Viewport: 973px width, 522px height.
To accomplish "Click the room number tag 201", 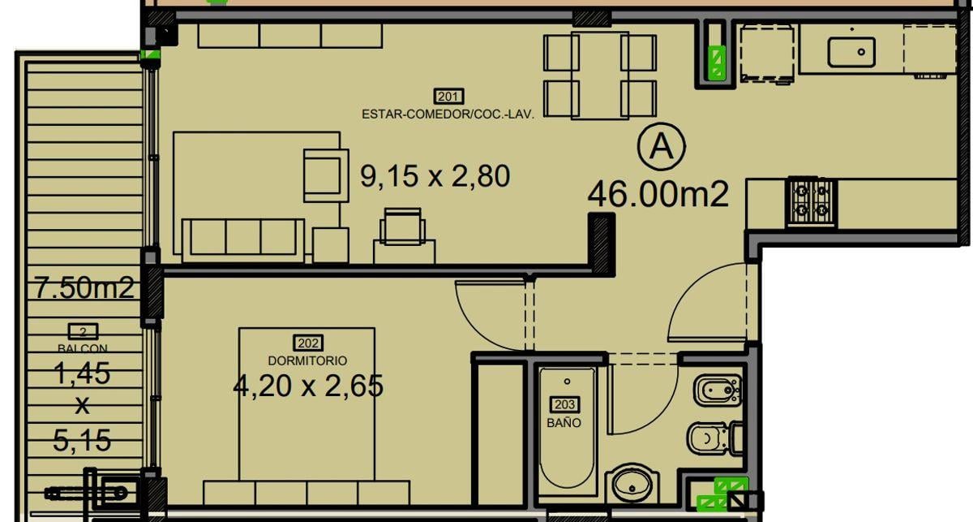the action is coord(448,96).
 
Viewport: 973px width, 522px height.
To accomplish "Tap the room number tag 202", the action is coord(308,343).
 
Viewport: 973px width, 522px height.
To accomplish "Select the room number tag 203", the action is coord(564,404).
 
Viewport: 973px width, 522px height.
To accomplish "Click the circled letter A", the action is coord(662,147).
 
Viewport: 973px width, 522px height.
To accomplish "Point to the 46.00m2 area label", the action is coord(658,194).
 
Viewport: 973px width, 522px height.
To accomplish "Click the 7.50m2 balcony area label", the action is coord(84,287).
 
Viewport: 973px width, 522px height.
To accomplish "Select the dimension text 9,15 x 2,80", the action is coord(435,176).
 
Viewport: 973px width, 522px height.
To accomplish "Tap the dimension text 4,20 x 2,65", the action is coord(308,386).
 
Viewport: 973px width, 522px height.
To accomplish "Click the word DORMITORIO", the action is coord(307,360).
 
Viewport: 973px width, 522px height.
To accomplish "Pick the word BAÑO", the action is coord(564,422).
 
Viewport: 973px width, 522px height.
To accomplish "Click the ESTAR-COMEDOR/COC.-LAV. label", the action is coord(448,114).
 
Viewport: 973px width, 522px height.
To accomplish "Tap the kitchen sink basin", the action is coord(851,52).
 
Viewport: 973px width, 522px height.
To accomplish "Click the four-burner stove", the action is coord(811,202).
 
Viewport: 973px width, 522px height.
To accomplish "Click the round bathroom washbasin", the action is coord(632,484).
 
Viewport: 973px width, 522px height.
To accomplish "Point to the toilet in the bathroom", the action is coord(715,438).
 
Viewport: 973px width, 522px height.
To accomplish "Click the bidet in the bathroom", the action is coord(718,390).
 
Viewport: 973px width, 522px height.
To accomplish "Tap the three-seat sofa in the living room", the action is coord(243,240).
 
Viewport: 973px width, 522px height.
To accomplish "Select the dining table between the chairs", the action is coord(600,75).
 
